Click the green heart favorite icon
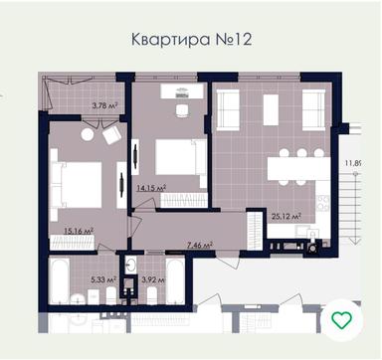342,319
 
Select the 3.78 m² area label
105,104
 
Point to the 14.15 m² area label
150,186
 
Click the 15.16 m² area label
79,231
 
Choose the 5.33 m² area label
102,279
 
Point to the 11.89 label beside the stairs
352,163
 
